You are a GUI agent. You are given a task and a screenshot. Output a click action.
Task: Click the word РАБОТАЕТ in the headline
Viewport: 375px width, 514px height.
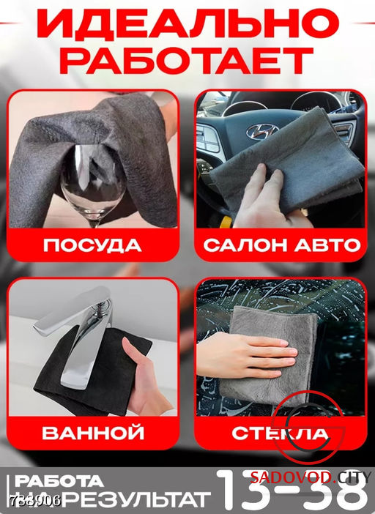pyautogui.click(x=187, y=60)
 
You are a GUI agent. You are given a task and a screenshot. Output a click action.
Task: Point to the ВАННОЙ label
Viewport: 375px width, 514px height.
pyautogui.click(x=92, y=433)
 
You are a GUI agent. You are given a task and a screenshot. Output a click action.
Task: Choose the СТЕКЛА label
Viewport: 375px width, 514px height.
pyautogui.click(x=281, y=433)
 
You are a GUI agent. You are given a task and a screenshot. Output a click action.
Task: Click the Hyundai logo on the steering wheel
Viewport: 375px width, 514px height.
pyautogui.click(x=261, y=132)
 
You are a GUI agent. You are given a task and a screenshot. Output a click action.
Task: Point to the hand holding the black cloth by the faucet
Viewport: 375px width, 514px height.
pyautogui.click(x=146, y=373)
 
